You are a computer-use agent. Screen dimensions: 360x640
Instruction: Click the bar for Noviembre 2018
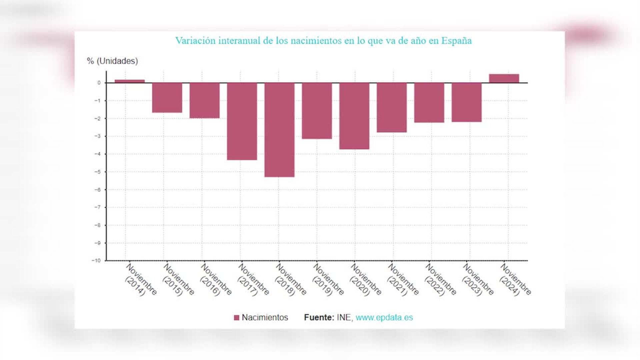[279, 130]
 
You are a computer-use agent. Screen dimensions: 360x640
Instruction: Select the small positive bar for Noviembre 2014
[130, 81]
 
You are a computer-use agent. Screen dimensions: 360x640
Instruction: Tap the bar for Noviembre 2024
[504, 78]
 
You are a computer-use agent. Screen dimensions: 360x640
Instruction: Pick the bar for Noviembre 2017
[242, 121]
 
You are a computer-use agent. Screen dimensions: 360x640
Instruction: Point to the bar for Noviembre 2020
[354, 116]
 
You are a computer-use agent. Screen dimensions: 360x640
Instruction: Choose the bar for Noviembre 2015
[167, 97]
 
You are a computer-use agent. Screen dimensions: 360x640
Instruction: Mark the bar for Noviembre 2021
[392, 107]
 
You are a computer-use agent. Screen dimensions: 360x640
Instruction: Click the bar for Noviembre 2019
[317, 111]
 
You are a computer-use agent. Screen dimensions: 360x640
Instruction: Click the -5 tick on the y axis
[98, 172]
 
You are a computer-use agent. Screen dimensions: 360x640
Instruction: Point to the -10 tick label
[96, 261]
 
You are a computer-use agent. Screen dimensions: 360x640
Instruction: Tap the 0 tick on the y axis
[99, 83]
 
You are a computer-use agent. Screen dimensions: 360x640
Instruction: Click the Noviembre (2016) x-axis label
[215, 280]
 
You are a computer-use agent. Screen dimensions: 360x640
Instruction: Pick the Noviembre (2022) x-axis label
[440, 280]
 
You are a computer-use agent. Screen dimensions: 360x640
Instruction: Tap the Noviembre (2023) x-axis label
[477, 280]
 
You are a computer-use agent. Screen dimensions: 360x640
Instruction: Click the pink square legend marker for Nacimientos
[237, 318]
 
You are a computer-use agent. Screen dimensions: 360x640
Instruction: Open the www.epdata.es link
[384, 317]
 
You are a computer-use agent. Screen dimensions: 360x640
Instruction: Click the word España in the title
[456, 41]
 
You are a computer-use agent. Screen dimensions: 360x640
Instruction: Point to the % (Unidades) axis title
[112, 61]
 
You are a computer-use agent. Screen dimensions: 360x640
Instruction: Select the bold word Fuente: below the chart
[319, 317]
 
